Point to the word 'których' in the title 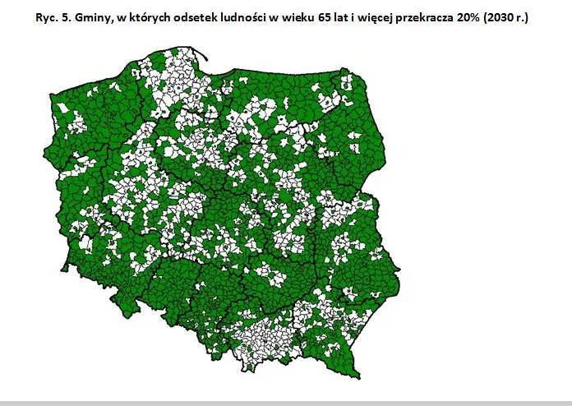163,17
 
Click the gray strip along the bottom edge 286,403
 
